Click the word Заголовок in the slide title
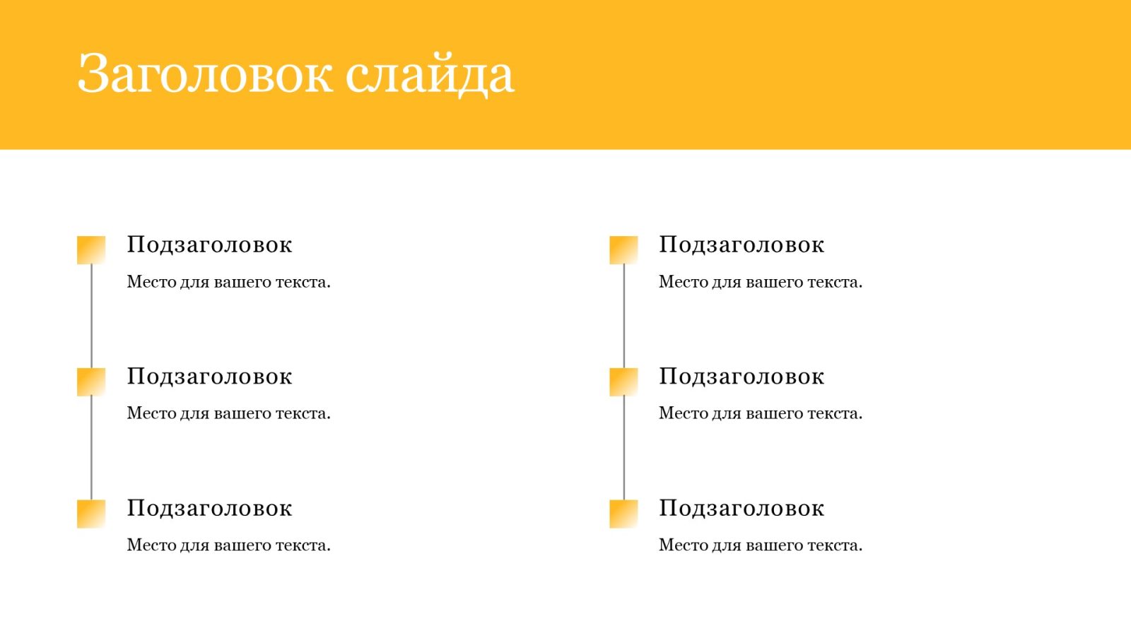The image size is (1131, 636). click(205, 73)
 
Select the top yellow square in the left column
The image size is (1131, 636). click(91, 250)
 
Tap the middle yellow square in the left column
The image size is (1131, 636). click(91, 382)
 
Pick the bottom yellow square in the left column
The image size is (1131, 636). click(91, 514)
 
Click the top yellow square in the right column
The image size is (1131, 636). click(623, 250)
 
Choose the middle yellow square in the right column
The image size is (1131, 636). click(623, 382)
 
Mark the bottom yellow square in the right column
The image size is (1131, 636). click(623, 514)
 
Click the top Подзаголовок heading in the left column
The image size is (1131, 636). click(209, 245)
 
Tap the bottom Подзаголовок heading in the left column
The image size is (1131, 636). click(209, 509)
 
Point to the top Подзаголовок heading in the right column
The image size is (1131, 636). click(742, 245)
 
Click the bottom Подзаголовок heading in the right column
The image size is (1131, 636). click(742, 509)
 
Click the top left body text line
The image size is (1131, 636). click(229, 282)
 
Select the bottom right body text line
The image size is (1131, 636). click(761, 546)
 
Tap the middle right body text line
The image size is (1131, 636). click(761, 414)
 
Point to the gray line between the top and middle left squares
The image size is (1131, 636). click(91, 316)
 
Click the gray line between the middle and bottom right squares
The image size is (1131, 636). click(623, 448)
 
